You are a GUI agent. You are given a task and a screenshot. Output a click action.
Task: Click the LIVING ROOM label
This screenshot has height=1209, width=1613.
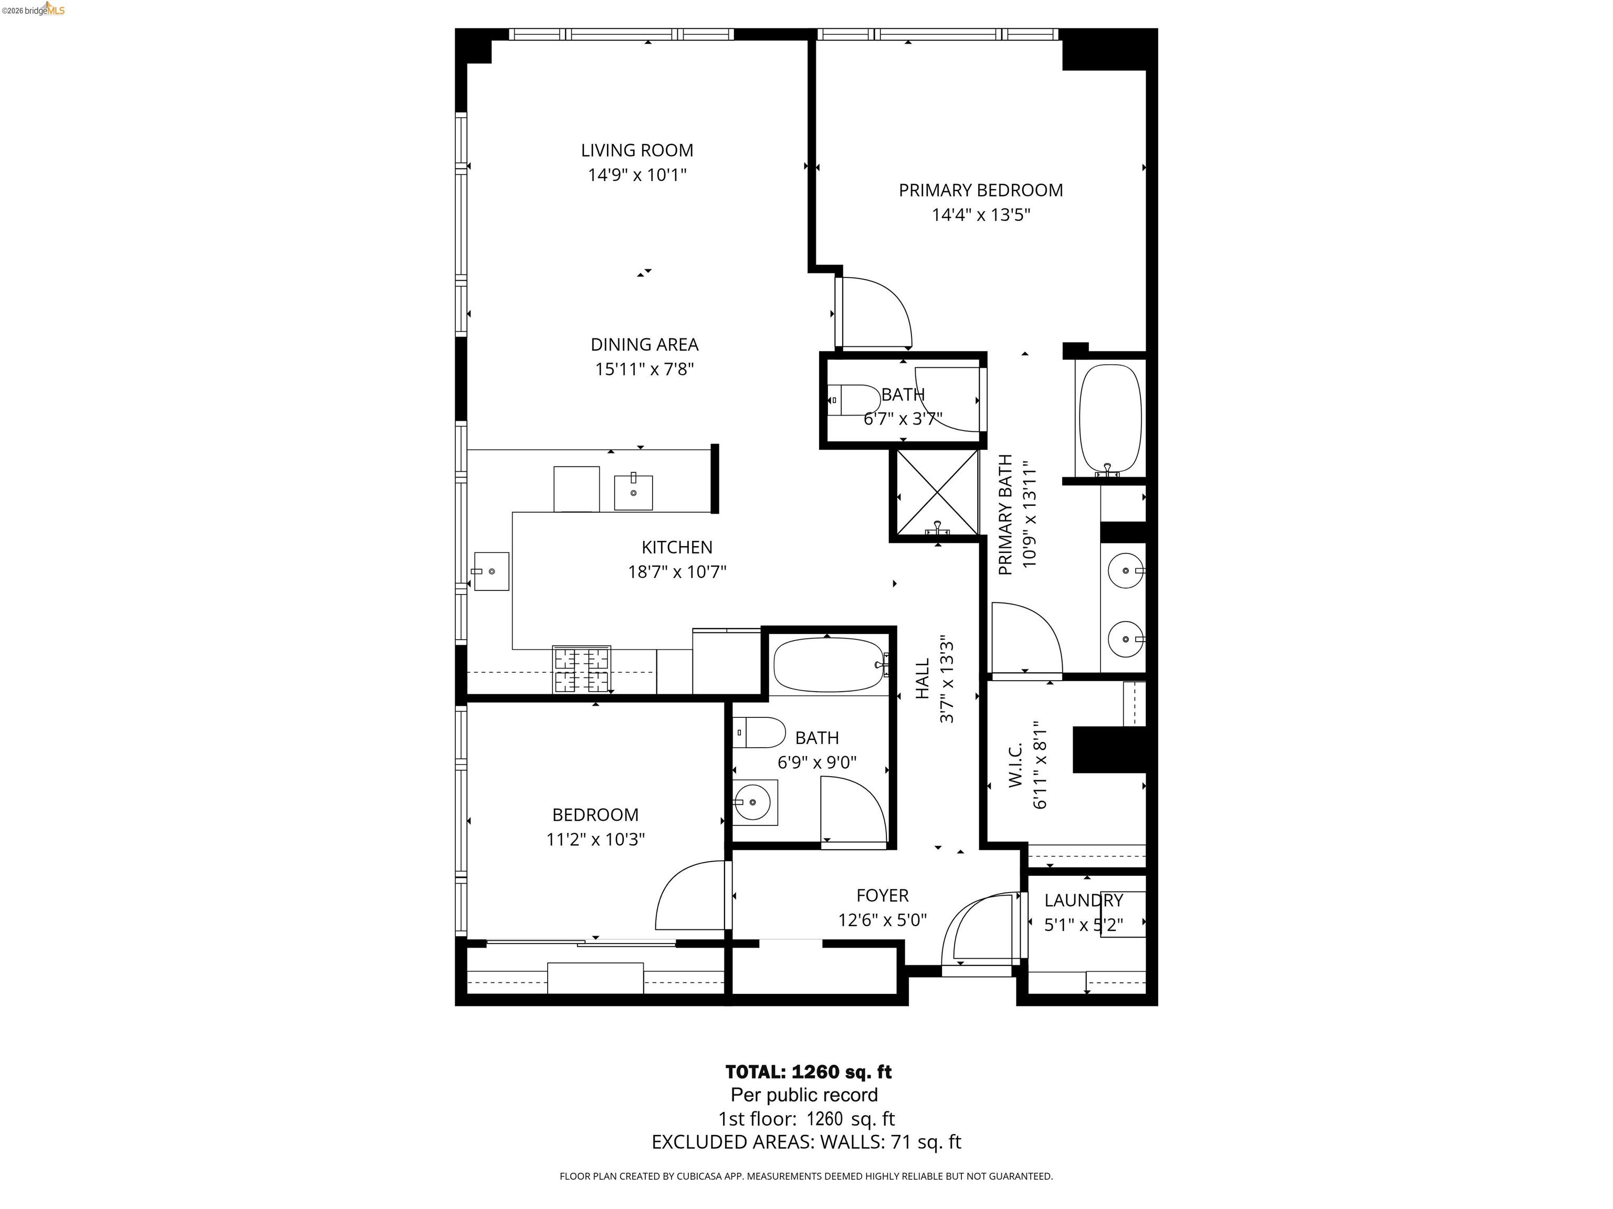(x=636, y=150)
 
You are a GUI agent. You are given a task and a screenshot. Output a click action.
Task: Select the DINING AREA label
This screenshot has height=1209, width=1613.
(x=644, y=344)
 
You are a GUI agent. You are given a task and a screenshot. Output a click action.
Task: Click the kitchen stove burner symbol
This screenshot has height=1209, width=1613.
(x=581, y=670)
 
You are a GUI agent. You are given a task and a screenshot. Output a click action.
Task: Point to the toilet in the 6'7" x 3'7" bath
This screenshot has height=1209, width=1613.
(x=857, y=400)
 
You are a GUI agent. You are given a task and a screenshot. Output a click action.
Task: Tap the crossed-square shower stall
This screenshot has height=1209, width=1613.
(x=937, y=493)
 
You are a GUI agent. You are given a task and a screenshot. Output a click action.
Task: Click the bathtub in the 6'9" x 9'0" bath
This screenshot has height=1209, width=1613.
(x=828, y=665)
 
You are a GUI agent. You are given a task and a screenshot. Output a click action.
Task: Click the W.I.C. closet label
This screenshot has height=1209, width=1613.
(x=1016, y=765)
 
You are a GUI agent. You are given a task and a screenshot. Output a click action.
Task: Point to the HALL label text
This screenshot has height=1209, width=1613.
(x=923, y=678)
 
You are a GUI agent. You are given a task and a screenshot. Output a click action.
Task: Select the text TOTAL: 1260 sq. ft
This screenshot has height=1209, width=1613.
(x=808, y=1072)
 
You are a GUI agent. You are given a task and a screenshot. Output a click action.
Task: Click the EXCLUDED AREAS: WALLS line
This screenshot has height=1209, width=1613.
(x=806, y=1142)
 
